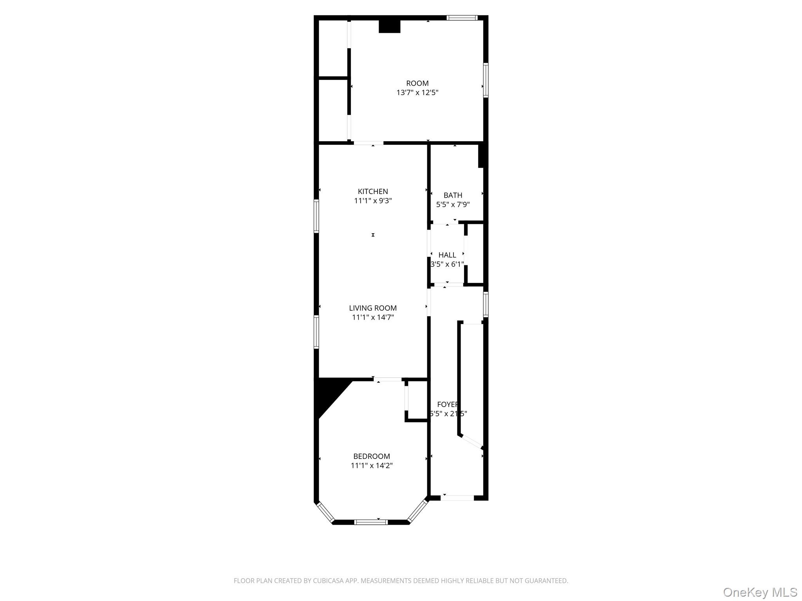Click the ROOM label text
click(417, 83)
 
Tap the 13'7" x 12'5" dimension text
click(417, 93)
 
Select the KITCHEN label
click(373, 191)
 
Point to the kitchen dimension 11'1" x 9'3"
click(373, 201)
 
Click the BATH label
click(453, 195)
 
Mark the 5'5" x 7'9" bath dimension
click(453, 204)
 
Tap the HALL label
click(447, 255)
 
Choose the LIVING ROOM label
click(373, 308)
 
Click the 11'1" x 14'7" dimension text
click(373, 317)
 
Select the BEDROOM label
click(372, 456)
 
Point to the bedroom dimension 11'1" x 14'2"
click(372, 466)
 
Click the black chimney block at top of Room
click(389, 27)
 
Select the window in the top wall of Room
click(462, 18)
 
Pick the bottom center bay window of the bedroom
click(371, 522)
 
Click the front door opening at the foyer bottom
click(457, 498)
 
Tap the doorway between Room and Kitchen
click(368, 143)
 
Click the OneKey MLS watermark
click(760, 592)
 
